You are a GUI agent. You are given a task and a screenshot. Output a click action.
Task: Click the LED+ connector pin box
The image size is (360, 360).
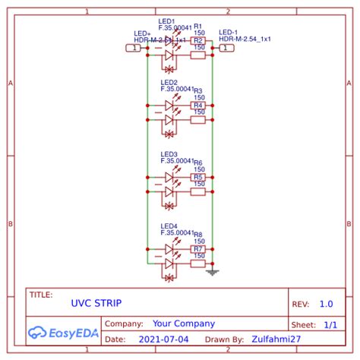click(x=133, y=48)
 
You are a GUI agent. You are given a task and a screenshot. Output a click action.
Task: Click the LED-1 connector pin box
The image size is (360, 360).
click(x=227, y=48)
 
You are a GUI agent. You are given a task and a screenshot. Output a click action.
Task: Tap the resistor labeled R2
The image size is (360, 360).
click(x=198, y=41)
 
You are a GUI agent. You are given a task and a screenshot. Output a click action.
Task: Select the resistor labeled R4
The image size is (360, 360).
click(x=198, y=106)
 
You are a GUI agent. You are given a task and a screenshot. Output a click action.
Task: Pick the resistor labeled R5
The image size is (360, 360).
click(x=198, y=177)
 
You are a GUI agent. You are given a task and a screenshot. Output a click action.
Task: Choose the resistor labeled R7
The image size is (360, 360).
click(x=198, y=249)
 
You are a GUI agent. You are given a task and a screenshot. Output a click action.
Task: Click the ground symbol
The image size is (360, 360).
click(x=213, y=271)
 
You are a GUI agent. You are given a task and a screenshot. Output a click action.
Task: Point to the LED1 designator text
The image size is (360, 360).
click(x=168, y=21)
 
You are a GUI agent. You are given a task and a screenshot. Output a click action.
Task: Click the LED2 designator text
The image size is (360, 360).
click(x=169, y=82)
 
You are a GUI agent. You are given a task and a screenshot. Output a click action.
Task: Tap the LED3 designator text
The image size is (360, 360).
click(x=169, y=154)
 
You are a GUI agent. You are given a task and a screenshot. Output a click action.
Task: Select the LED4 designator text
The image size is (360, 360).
click(x=169, y=226)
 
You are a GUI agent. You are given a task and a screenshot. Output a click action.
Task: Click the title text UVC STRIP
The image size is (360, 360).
click(x=96, y=303)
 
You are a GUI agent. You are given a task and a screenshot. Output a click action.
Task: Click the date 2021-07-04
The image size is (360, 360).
click(x=165, y=339)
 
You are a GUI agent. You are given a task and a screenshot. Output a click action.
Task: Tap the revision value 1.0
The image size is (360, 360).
click(x=326, y=304)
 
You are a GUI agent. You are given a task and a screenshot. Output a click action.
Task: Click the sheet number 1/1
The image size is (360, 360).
click(x=330, y=324)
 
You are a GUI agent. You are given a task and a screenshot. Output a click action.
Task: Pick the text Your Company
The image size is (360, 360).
click(x=184, y=324)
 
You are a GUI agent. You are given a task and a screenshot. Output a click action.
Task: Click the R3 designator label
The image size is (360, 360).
click(x=198, y=90)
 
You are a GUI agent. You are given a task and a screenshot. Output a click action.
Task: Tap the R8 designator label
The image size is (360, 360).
click(x=198, y=235)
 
